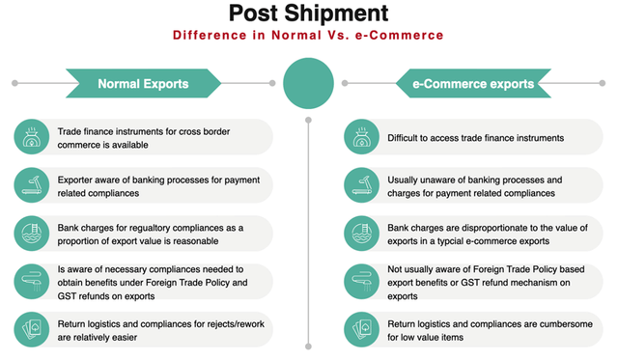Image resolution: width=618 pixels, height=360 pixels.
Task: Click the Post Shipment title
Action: tap(308, 14)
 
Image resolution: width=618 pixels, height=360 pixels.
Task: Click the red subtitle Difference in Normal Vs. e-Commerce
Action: tap(308, 36)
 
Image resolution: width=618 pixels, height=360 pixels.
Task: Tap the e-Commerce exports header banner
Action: tap(473, 84)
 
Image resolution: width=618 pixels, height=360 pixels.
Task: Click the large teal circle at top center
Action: tap(308, 84)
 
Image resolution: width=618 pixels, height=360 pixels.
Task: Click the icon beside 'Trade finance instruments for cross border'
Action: tap(31, 136)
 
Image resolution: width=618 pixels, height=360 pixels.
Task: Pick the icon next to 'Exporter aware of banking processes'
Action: tap(31, 184)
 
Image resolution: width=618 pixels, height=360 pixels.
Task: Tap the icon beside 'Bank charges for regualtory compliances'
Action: tap(31, 233)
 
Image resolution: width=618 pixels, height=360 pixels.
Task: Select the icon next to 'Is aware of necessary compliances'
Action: tap(31, 281)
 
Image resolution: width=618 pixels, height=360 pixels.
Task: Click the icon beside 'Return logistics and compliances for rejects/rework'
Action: tap(31, 329)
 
